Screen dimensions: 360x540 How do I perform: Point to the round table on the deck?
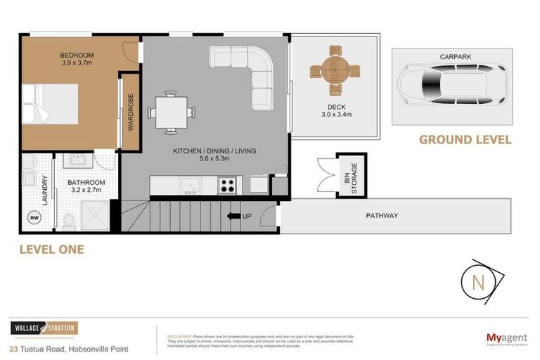[x=335, y=70]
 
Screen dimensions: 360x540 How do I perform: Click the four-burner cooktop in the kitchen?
[x=227, y=186]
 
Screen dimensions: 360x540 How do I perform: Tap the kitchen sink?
[x=190, y=186]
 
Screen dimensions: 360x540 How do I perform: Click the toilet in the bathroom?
[x=69, y=221]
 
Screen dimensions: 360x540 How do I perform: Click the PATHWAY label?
[x=381, y=216]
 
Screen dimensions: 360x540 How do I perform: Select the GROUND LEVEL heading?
[x=465, y=140]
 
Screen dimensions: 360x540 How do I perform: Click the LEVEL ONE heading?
[x=51, y=250]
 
